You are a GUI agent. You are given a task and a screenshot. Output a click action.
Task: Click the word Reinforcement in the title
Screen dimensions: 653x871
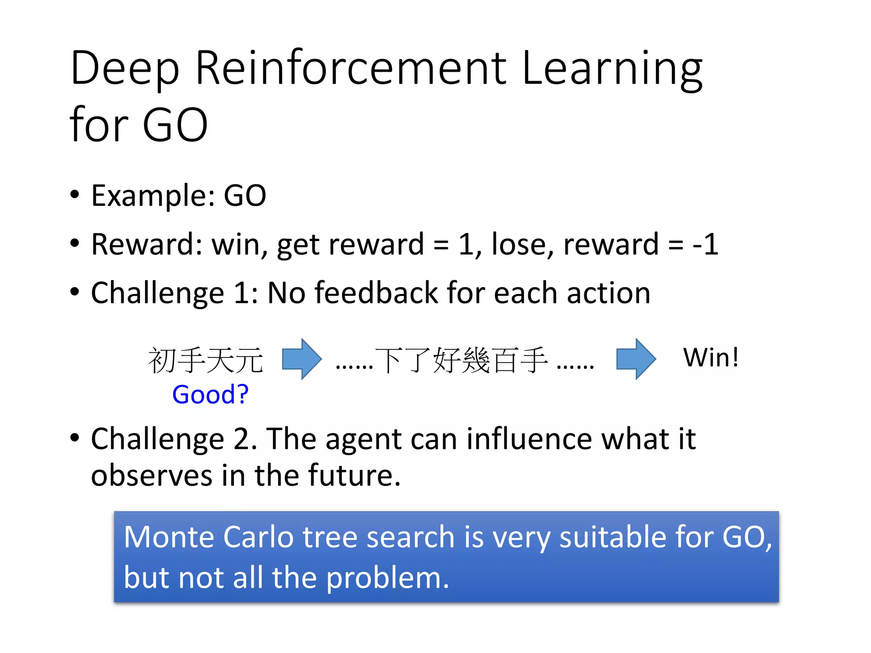(x=351, y=68)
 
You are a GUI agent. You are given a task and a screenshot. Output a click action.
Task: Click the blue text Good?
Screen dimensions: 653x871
(x=210, y=395)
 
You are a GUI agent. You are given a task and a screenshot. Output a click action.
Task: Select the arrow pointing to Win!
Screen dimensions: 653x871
(x=636, y=359)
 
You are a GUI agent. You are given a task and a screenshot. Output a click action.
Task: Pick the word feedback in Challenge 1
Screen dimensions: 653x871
(x=376, y=293)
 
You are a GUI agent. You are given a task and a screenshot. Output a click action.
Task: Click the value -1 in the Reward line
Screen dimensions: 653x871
(x=705, y=244)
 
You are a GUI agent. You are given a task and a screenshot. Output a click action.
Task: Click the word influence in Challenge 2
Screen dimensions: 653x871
(x=529, y=439)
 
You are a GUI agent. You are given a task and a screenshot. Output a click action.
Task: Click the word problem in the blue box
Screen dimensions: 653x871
(x=387, y=578)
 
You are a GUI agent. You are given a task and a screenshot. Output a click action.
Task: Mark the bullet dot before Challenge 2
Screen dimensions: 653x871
(x=75, y=437)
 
